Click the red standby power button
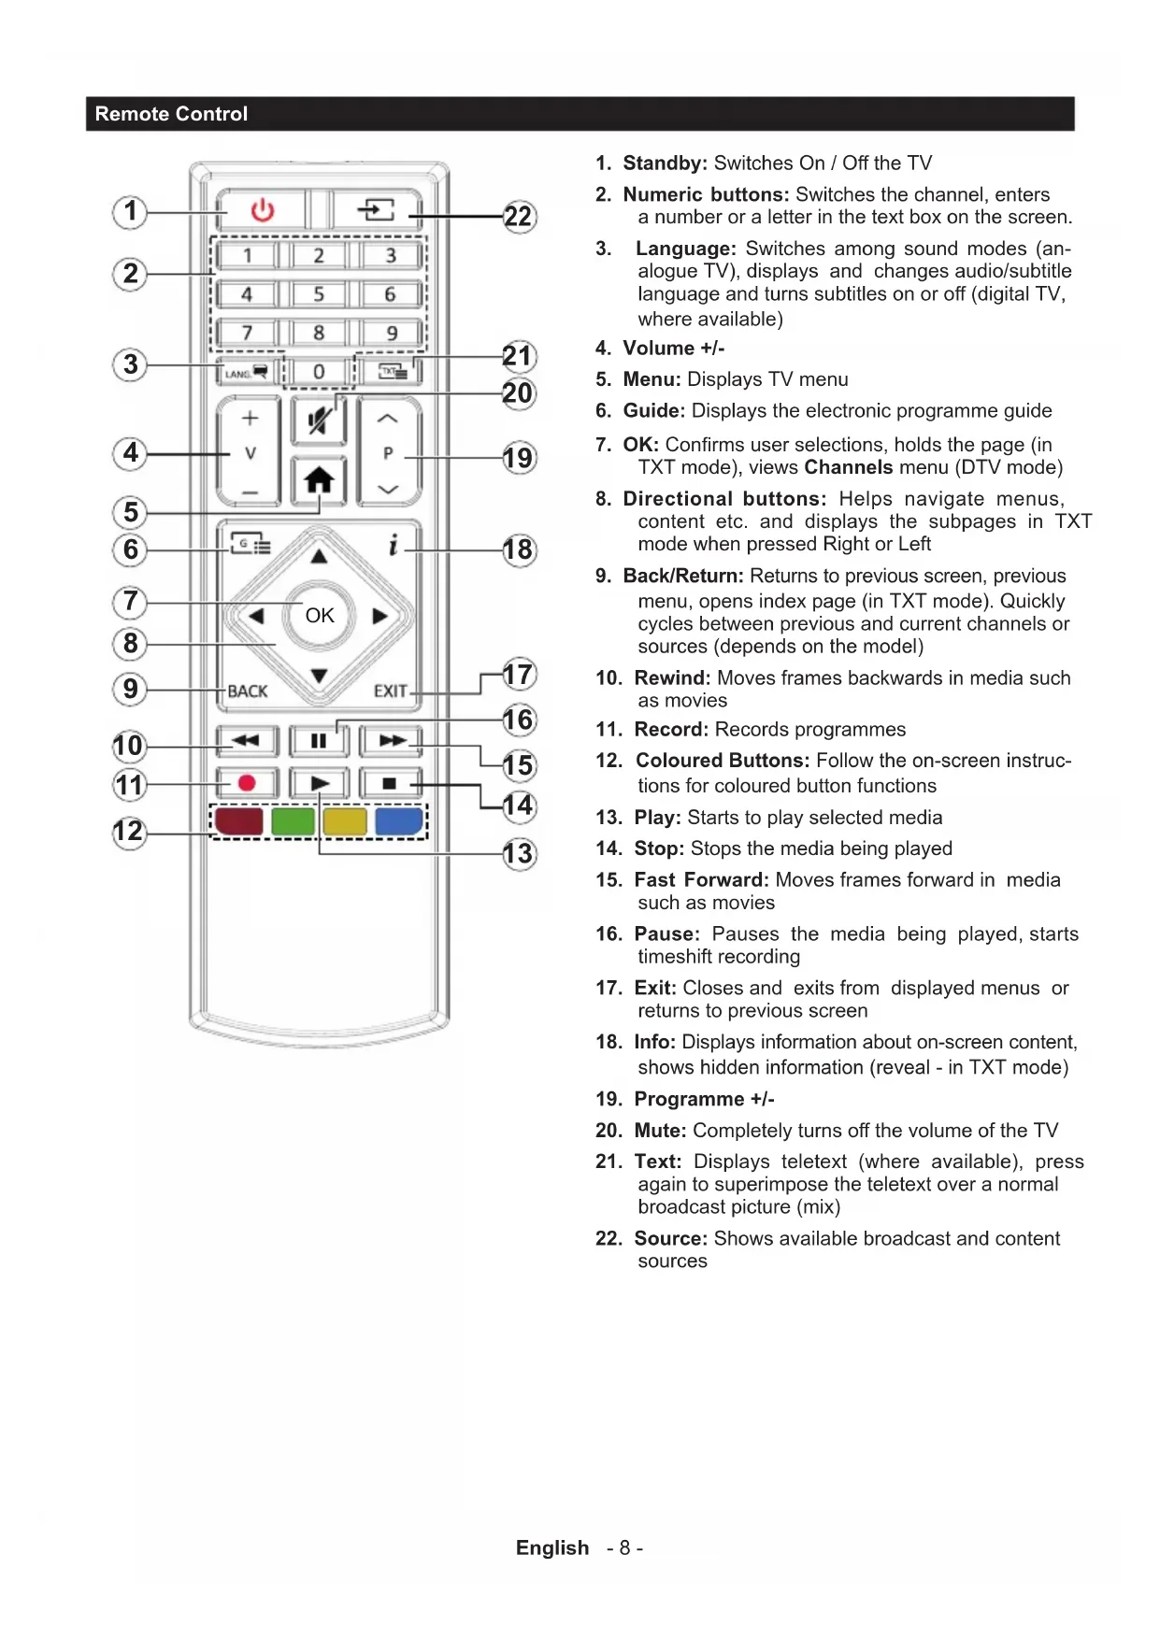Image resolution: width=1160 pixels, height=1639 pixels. point(263,209)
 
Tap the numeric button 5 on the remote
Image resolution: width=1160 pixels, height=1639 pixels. point(319,294)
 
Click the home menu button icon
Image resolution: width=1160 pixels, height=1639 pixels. point(319,480)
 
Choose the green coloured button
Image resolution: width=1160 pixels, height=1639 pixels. point(293,821)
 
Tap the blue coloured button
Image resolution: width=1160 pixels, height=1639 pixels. point(398,821)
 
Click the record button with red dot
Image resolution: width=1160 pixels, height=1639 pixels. point(247,783)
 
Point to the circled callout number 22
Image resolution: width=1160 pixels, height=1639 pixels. point(519,217)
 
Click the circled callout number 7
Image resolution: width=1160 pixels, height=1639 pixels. point(131,601)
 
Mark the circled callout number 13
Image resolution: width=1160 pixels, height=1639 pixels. point(519,853)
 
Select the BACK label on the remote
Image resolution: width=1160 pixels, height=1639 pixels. point(248,691)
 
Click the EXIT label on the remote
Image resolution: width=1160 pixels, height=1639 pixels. point(391,691)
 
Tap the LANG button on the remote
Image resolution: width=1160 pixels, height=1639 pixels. point(246,373)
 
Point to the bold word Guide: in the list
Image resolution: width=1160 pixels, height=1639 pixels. point(653,411)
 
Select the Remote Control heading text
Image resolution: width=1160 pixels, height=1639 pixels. point(171,114)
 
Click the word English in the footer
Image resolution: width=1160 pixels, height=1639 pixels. point(552,1548)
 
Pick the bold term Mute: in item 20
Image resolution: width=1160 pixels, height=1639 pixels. point(660,1131)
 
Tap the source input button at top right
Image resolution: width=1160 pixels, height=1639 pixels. point(376,209)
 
